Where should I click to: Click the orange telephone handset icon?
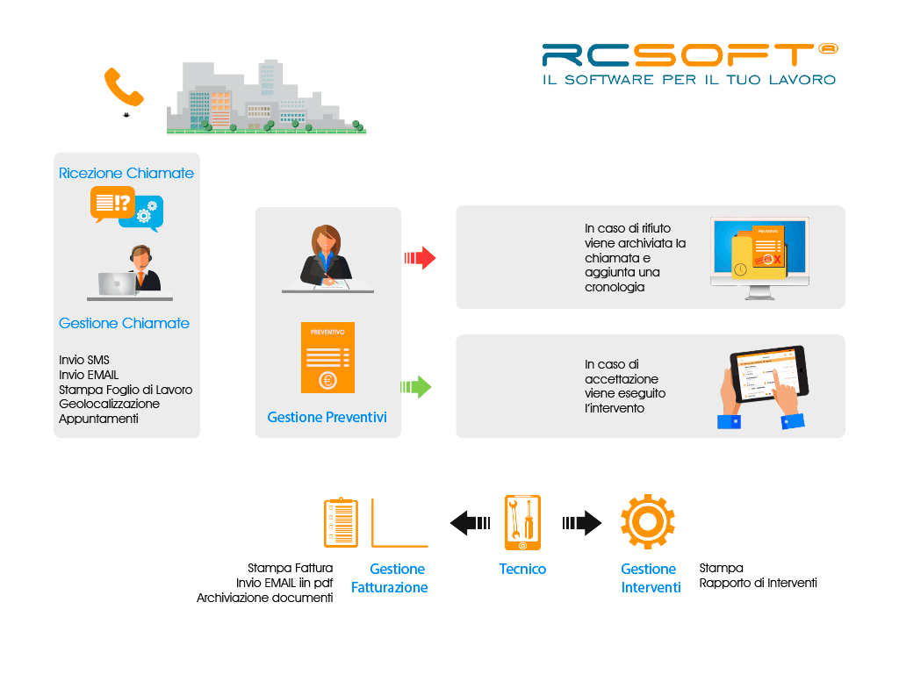tap(123, 86)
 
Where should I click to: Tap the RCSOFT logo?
tap(689, 64)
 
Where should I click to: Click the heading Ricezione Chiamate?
tap(126, 173)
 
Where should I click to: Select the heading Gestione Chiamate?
tap(124, 323)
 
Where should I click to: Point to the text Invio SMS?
tap(84, 360)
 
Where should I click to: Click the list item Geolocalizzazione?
tap(109, 404)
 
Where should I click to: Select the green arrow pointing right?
tap(416, 386)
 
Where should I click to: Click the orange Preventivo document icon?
tap(327, 357)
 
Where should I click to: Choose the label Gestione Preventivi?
tap(327, 417)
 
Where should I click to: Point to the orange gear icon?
tap(648, 522)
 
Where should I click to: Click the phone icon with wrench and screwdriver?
tap(522, 523)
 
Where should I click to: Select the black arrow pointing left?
tap(470, 523)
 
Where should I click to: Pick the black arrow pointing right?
tap(582, 523)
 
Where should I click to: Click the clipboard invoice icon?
tap(341, 523)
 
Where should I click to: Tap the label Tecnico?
tap(522, 569)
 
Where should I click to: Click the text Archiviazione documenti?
tap(264, 598)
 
